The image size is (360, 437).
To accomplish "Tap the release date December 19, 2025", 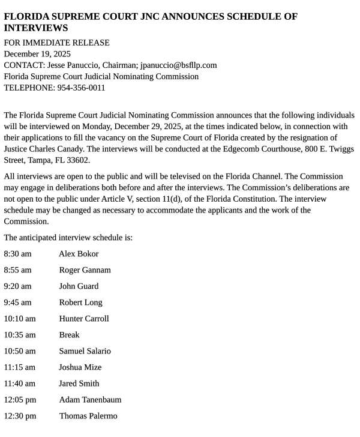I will point(37,53).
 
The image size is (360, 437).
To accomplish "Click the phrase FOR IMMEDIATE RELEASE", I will point(56,43).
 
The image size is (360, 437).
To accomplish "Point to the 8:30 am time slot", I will point(17,254).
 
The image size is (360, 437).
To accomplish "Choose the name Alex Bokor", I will point(79,254).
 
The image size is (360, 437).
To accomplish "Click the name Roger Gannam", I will point(85,270).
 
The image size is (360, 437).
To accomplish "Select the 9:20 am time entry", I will point(17,286).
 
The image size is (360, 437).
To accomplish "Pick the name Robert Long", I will point(80,303).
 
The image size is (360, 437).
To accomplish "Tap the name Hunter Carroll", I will point(84,319).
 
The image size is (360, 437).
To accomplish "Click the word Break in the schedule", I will point(69,335).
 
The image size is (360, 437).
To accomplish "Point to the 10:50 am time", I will point(20,351).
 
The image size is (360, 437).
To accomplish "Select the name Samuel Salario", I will point(85,351).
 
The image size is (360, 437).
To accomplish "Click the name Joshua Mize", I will point(80,367).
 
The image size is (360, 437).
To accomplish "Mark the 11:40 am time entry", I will point(20,384).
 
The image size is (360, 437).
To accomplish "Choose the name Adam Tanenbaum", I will point(90,400).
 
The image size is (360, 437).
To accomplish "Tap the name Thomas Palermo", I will point(88,416).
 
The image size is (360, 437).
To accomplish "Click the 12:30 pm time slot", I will point(20,416).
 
